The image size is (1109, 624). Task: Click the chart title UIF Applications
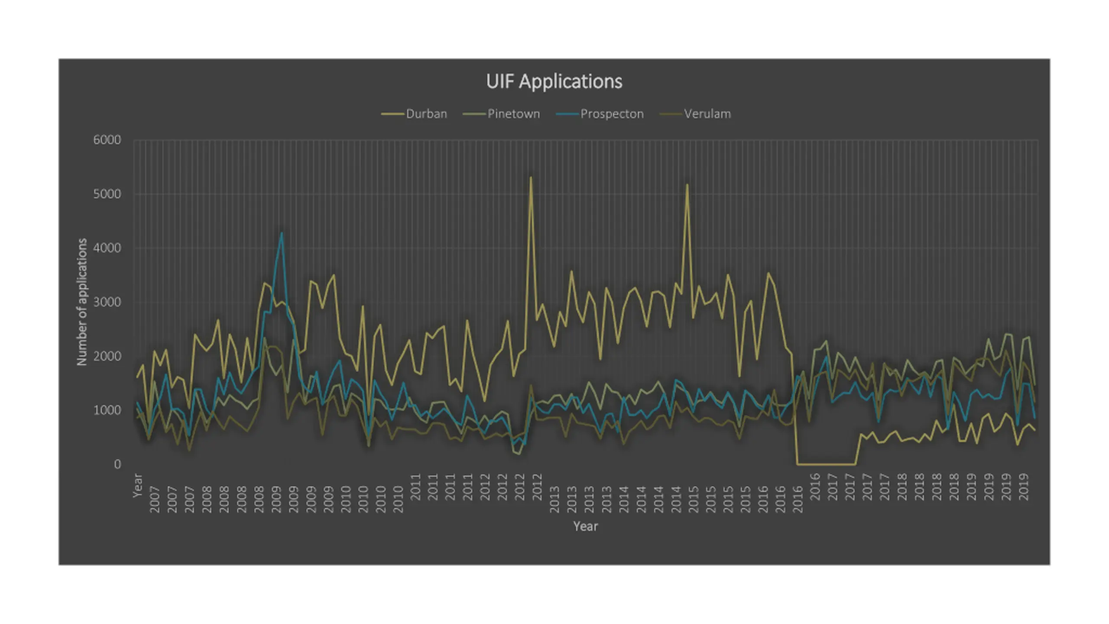(554, 81)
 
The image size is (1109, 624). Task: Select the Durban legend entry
(426, 114)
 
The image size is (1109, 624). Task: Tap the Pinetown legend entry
(513, 114)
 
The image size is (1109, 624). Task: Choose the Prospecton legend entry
(612, 114)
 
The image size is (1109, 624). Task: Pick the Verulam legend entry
(707, 114)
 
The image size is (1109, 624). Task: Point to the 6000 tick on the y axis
(107, 140)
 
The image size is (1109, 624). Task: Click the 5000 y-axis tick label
(107, 194)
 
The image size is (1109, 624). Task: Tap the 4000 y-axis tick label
(107, 248)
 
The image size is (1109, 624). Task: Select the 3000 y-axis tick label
(107, 302)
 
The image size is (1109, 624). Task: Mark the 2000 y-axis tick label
(107, 356)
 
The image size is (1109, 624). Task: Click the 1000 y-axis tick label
(107, 410)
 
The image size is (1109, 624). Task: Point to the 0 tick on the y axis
(117, 465)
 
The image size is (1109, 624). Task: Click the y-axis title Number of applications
(82, 302)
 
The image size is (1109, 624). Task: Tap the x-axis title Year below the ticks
(585, 526)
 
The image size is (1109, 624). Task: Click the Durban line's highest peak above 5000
(531, 178)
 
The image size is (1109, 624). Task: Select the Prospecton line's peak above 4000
(282, 234)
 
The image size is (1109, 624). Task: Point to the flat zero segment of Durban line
(825, 464)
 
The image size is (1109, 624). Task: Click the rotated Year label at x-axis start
(137, 485)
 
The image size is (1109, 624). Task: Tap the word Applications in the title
(571, 81)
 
